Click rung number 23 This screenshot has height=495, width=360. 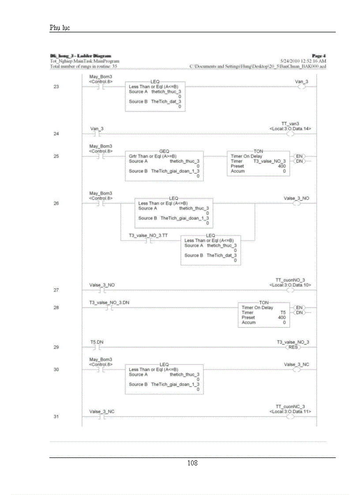[56, 87]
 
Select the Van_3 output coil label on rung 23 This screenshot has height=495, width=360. [301, 82]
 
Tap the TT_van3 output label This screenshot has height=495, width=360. [291, 124]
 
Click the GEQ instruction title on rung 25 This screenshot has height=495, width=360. [164, 151]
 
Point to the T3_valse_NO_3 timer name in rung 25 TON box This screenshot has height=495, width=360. [269, 161]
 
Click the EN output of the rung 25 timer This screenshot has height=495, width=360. [300, 156]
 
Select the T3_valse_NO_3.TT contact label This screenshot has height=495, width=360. [148, 236]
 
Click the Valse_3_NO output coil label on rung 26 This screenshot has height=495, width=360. [296, 198]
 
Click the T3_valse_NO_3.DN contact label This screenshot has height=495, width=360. [109, 302]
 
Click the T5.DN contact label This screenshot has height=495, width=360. [97, 342]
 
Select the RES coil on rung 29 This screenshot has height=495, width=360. [293, 347]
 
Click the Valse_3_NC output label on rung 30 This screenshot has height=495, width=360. [296, 365]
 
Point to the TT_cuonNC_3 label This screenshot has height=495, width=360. [290, 406]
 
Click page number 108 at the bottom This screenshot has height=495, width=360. [192, 463]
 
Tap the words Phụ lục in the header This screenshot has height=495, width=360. [60, 28]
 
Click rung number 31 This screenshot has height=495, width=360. [56, 417]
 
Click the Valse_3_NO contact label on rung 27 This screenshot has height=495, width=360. [102, 285]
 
